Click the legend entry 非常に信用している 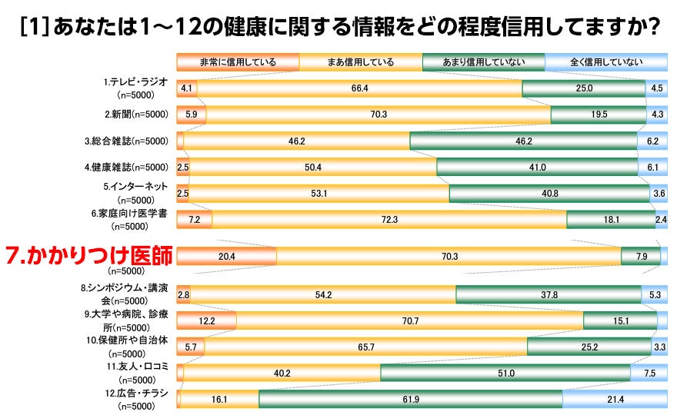click(x=237, y=62)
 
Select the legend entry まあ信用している click(x=360, y=62)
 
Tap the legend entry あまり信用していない click(x=482, y=62)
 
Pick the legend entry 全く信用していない click(x=605, y=62)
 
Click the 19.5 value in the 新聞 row click(x=598, y=115)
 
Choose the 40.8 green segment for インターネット click(x=549, y=194)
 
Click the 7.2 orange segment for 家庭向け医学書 click(x=194, y=220)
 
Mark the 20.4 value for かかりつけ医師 click(x=227, y=256)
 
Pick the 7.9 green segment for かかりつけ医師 click(x=641, y=256)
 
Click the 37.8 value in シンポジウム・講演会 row click(x=548, y=294)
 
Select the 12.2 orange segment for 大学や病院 click(x=206, y=320)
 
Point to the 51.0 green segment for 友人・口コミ click(x=506, y=373)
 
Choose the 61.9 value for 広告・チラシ click(x=409, y=399)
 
